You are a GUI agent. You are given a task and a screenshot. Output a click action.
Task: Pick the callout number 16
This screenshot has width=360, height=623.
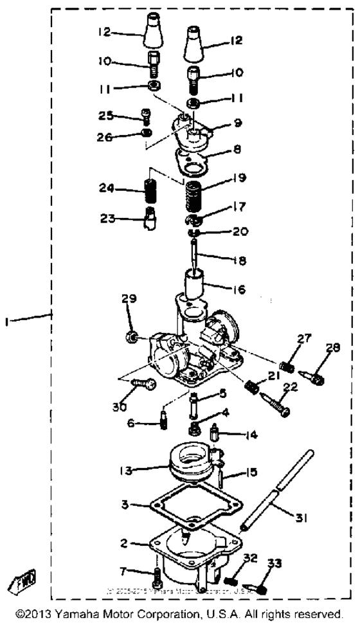[239, 290]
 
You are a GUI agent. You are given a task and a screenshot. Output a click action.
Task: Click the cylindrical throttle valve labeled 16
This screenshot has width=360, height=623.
[195, 283]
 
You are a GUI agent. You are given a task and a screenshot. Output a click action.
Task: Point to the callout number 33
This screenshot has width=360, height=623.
[275, 564]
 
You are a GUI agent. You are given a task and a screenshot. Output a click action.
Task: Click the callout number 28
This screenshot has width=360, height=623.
[333, 348]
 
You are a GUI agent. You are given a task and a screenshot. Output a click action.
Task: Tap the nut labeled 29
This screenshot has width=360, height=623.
[132, 337]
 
